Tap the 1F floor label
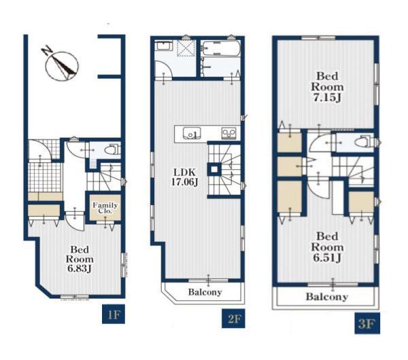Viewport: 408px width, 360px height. [114, 314]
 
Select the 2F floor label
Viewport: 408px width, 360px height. [233, 318]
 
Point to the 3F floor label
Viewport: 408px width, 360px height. [367, 323]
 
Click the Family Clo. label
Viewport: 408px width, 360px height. [105, 208]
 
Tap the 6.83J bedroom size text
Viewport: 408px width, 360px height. [80, 268]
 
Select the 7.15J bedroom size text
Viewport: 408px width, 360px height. [327, 97]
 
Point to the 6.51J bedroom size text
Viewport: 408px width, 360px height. [327, 257]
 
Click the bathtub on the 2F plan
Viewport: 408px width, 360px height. [221, 48]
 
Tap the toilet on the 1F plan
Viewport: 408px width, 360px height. [112, 149]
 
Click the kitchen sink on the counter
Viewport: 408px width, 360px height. [192, 133]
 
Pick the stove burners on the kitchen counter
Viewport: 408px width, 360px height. [228, 133]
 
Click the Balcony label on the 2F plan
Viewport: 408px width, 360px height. [205, 292]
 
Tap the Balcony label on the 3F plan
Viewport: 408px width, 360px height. [327, 297]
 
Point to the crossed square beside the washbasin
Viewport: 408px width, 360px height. [186, 48]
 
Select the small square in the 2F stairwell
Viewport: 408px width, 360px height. [214, 170]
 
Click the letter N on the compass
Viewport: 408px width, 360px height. [47, 50]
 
